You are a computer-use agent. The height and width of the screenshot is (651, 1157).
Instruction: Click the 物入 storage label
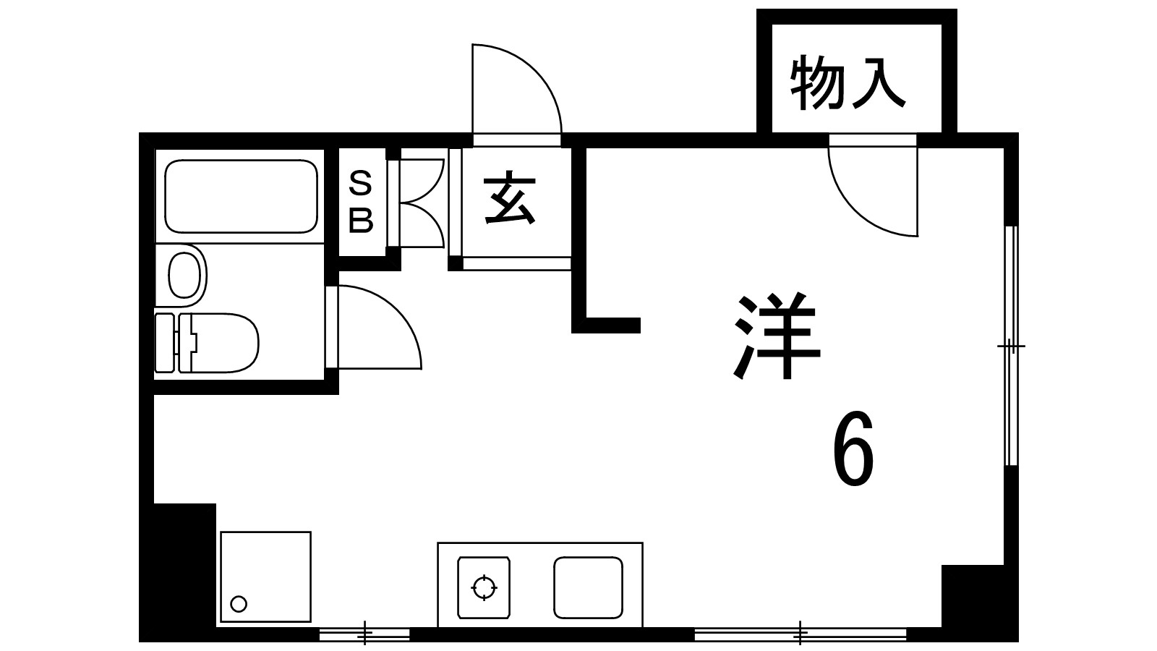click(848, 83)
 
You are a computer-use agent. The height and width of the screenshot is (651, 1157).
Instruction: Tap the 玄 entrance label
click(510, 198)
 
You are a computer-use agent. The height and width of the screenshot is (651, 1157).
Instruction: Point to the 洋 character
click(777, 336)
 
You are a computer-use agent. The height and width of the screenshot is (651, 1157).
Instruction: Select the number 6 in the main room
click(853, 448)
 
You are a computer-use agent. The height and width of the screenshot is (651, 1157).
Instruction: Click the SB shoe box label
click(361, 202)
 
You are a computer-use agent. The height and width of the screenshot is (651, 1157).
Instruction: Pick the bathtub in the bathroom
click(241, 196)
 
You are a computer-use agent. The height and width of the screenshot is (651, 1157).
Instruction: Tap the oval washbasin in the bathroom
click(184, 275)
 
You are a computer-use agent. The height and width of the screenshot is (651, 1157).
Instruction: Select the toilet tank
click(165, 343)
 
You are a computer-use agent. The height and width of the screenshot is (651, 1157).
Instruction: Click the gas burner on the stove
click(484, 587)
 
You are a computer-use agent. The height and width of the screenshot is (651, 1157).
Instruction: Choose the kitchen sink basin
click(588, 587)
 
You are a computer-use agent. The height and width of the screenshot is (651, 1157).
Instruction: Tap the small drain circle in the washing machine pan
click(239, 603)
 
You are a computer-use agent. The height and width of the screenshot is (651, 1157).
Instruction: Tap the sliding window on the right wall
click(1012, 346)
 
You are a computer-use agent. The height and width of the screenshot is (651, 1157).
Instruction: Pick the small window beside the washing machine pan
click(364, 634)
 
